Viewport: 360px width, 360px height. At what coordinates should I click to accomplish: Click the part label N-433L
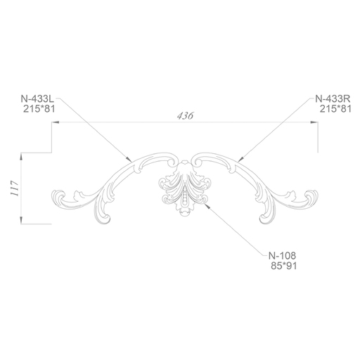click(37, 98)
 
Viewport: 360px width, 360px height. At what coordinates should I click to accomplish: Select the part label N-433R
click(333, 98)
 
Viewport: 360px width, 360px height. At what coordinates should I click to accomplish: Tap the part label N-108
click(282, 255)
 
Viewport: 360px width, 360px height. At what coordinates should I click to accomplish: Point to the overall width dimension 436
click(186, 116)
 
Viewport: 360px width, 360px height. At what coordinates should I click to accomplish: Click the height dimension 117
click(15, 188)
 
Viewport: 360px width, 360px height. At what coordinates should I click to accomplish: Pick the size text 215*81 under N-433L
click(39, 109)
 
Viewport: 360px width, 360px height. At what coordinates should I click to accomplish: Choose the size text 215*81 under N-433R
click(335, 109)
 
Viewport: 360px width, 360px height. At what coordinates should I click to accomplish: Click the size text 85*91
click(284, 266)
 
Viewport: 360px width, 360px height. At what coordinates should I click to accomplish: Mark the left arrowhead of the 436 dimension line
click(56, 122)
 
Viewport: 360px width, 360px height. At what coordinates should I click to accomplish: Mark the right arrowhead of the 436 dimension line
click(314, 122)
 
